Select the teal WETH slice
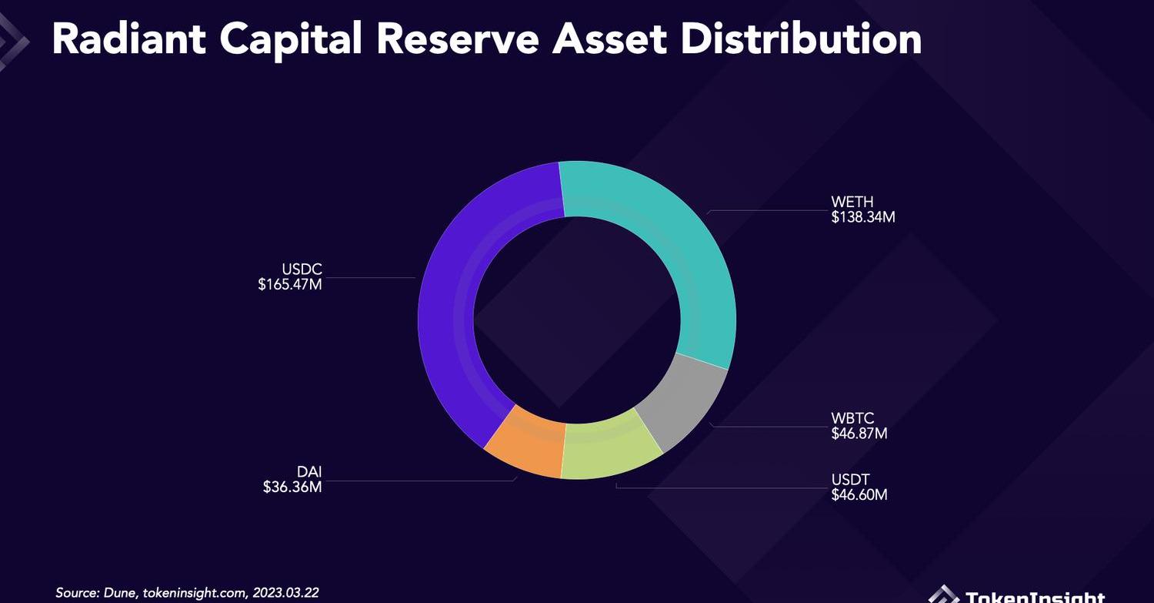point(677,254)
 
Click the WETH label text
point(852,203)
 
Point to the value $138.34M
point(863,217)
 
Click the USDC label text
point(302,270)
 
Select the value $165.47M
point(290,285)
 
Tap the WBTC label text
point(852,419)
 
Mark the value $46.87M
point(859,434)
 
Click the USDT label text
point(850,480)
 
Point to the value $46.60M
point(859,494)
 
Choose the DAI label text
point(309,471)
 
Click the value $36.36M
point(292,487)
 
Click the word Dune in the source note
point(117,593)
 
